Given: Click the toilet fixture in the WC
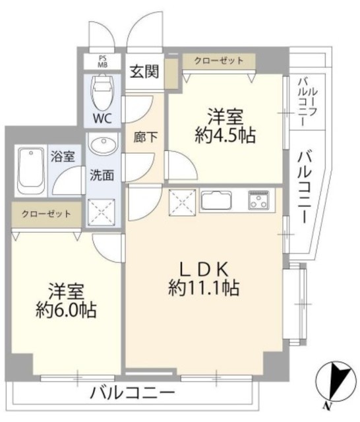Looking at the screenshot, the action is (x=102, y=91).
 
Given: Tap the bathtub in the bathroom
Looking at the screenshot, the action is (x=31, y=171).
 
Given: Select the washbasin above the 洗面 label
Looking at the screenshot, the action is (x=104, y=145).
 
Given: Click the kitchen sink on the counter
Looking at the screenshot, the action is (x=216, y=200).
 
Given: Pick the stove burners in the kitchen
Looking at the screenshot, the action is (x=258, y=200).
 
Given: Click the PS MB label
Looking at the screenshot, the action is (x=102, y=61).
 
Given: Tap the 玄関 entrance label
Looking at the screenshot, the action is (x=145, y=72).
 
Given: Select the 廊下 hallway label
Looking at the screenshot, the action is (x=145, y=138).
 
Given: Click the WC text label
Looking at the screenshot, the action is (x=102, y=118).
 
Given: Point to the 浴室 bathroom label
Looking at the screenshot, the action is (x=63, y=156).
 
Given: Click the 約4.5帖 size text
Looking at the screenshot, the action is (x=225, y=135).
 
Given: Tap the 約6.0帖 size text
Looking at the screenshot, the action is (x=66, y=311).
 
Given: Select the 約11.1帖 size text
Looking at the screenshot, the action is (x=204, y=287).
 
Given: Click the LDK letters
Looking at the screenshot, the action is (x=204, y=269).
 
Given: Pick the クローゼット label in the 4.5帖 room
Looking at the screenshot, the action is (x=219, y=61).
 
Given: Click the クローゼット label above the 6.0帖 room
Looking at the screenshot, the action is (x=46, y=214).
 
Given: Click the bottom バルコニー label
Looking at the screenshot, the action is (x=132, y=393).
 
